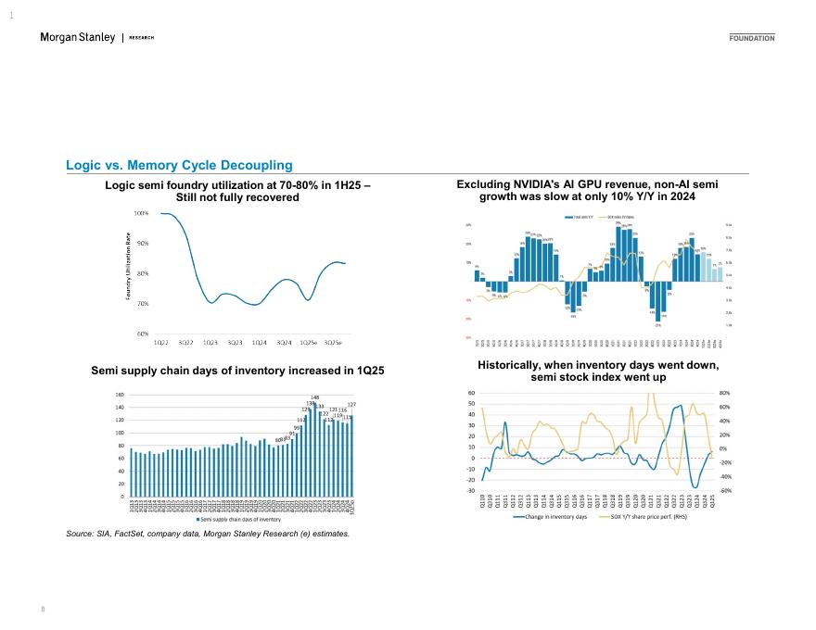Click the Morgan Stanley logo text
(x=78, y=37)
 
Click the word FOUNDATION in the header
(x=752, y=38)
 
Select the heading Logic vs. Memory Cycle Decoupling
(x=179, y=165)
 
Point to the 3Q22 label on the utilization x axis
(x=185, y=343)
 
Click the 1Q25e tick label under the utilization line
(x=309, y=343)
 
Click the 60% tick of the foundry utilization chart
(x=143, y=334)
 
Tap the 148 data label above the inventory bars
(x=315, y=398)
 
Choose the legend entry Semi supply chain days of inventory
(x=236, y=520)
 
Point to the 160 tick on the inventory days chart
(x=120, y=395)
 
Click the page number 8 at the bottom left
(x=44, y=609)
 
